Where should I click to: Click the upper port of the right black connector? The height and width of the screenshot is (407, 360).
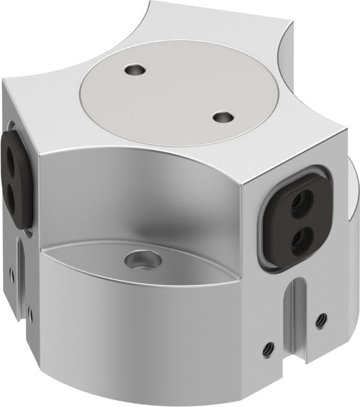pyautogui.click(x=301, y=199)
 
